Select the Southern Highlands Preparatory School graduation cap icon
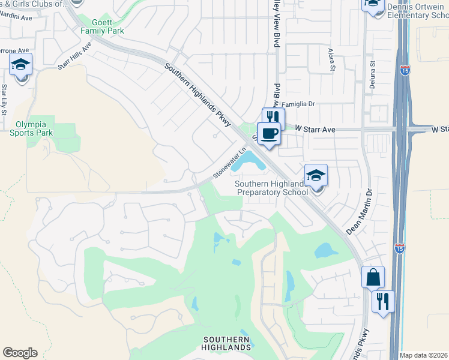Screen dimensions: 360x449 click(316, 175)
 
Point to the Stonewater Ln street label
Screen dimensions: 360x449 click(231, 164)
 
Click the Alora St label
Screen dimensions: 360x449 click(332, 60)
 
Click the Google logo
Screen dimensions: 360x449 click(20, 353)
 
